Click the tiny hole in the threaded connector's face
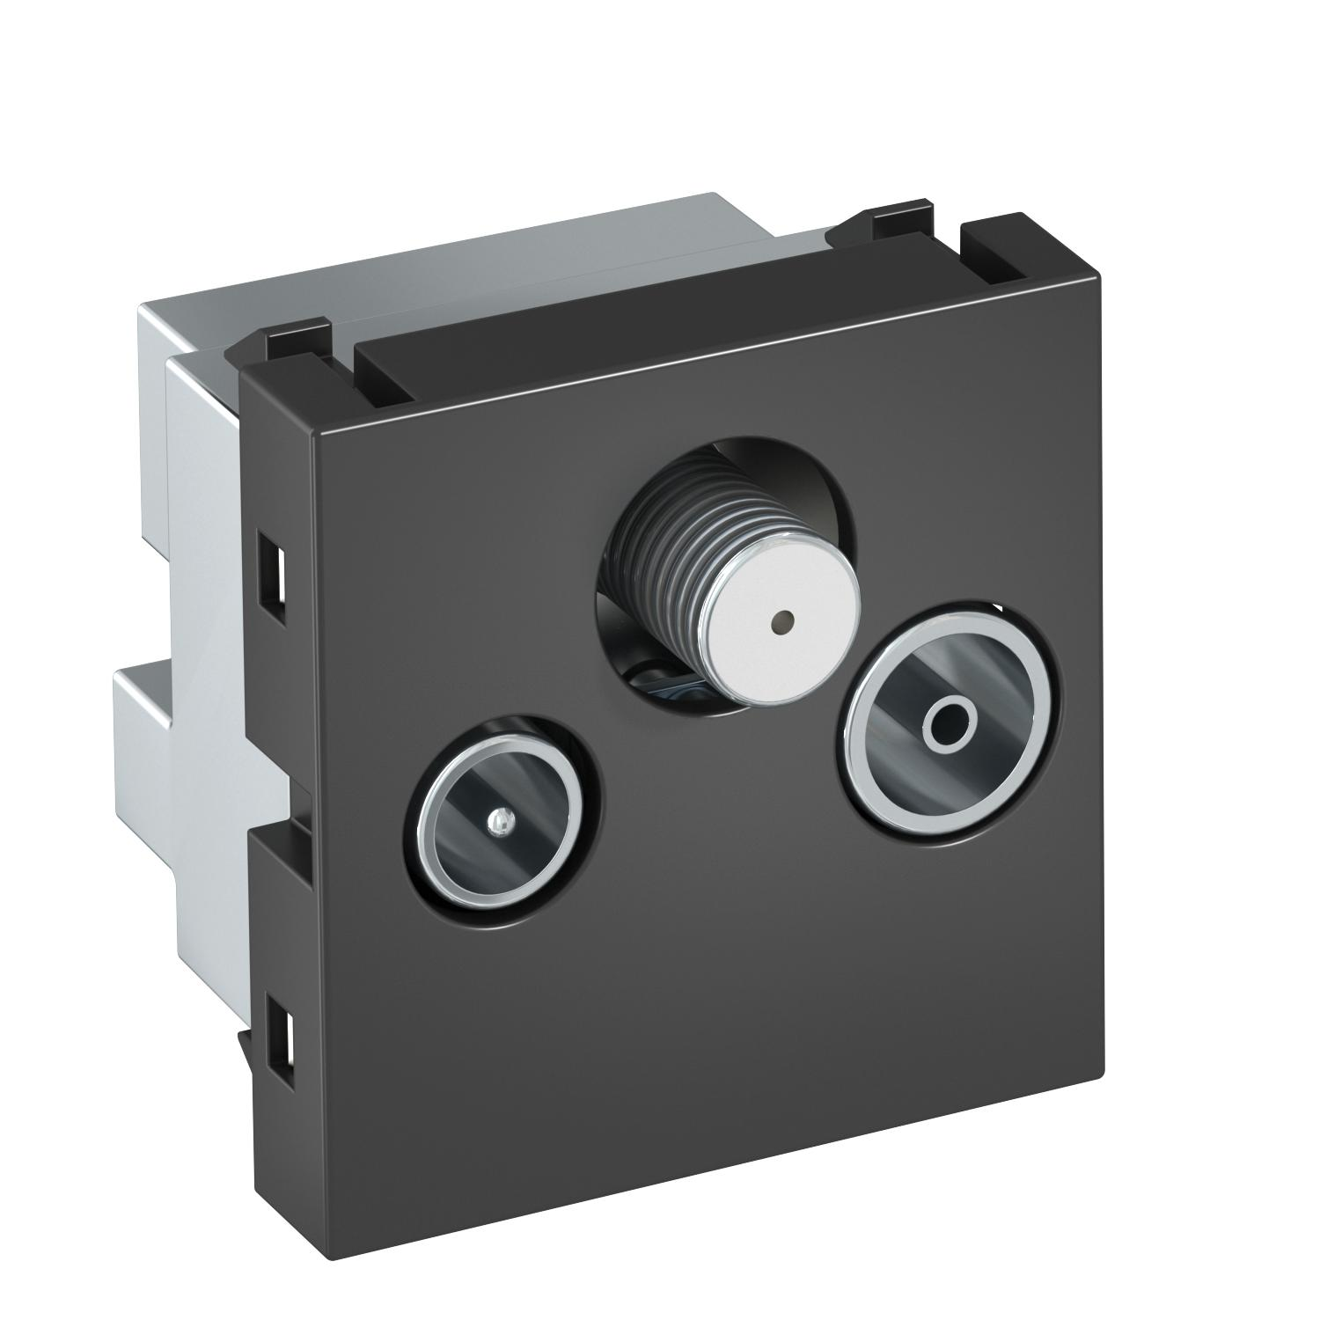(x=778, y=624)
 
